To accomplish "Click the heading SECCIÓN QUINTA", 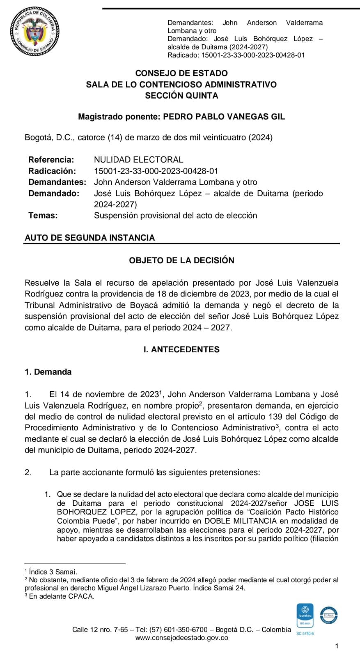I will point(181,96).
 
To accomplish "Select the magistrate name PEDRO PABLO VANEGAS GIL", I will point(224,117).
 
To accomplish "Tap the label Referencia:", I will point(51,160).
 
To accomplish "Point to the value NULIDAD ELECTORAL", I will point(139,160).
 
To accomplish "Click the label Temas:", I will point(43,216).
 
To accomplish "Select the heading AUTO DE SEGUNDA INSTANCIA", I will point(90,238).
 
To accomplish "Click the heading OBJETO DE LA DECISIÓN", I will point(181,260).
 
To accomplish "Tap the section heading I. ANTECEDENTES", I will point(181,349).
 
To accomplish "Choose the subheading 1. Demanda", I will point(48,372).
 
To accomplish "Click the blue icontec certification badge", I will point(305,615).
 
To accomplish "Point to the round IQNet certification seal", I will point(328,616).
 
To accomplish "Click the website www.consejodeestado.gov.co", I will point(181,638).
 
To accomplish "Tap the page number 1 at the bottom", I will point(337,646).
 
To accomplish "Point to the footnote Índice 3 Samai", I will point(53,572).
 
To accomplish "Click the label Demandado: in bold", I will point(54,193).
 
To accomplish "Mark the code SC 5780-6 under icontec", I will point(305,634).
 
